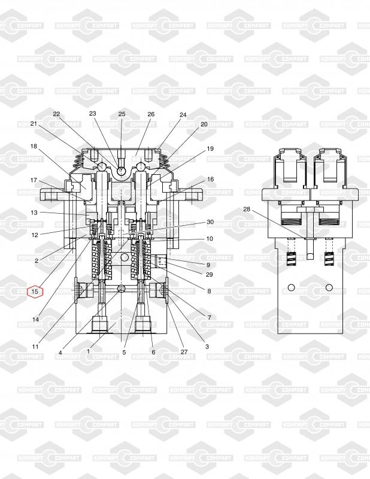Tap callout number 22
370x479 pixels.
click(56, 114)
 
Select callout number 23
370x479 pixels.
click(93, 113)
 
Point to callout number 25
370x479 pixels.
click(122, 114)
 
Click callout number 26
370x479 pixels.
click(151, 114)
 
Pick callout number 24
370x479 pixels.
click(183, 114)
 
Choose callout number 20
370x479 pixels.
click(204, 124)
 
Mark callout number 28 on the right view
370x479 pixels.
click(247, 209)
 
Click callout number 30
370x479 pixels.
click(210, 222)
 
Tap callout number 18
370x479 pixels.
click(34, 146)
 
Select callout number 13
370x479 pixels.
click(34, 213)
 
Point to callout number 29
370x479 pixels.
click(210, 274)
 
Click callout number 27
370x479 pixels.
click(184, 351)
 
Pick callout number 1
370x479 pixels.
click(88, 351)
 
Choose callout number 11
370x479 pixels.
click(35, 347)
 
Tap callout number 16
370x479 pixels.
click(211, 179)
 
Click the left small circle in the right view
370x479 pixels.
click(291, 287)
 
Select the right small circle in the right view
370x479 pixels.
click(329, 287)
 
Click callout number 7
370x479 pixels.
click(210, 318)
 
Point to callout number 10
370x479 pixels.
click(210, 238)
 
